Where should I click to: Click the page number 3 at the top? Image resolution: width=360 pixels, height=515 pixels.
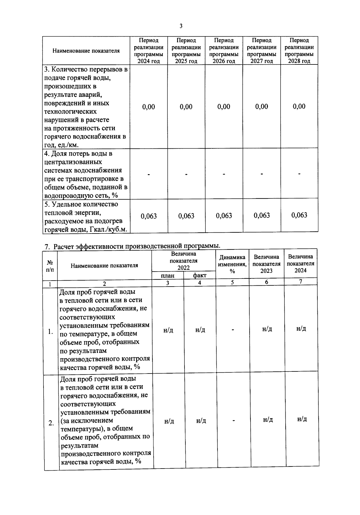click(181, 26)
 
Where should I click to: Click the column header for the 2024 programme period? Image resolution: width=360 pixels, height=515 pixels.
click(148, 51)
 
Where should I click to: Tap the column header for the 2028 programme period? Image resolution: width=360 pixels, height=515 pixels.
click(299, 51)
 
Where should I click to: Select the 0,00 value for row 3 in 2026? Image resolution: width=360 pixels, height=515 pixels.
click(224, 107)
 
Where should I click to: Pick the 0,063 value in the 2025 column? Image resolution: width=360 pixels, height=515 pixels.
click(186, 216)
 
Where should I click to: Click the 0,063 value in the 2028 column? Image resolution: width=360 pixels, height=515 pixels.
click(299, 215)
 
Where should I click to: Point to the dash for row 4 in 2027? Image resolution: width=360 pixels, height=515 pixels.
click(262, 173)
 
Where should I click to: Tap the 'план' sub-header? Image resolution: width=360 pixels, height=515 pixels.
click(167, 275)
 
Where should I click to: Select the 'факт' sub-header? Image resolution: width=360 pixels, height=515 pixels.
click(199, 275)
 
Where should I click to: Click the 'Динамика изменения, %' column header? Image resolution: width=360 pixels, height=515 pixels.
click(232, 264)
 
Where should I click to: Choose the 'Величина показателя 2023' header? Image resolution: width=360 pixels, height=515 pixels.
click(266, 264)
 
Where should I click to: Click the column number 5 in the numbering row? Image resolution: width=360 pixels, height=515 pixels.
click(232, 282)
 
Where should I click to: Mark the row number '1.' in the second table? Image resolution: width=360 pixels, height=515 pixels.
click(50, 332)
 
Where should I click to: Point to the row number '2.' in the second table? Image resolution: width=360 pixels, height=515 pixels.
click(51, 423)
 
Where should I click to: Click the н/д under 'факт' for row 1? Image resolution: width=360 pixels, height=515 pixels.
click(200, 330)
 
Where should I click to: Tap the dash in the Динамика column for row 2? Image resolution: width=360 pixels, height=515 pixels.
click(233, 421)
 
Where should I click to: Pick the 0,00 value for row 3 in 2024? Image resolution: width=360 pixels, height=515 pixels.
click(148, 107)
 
